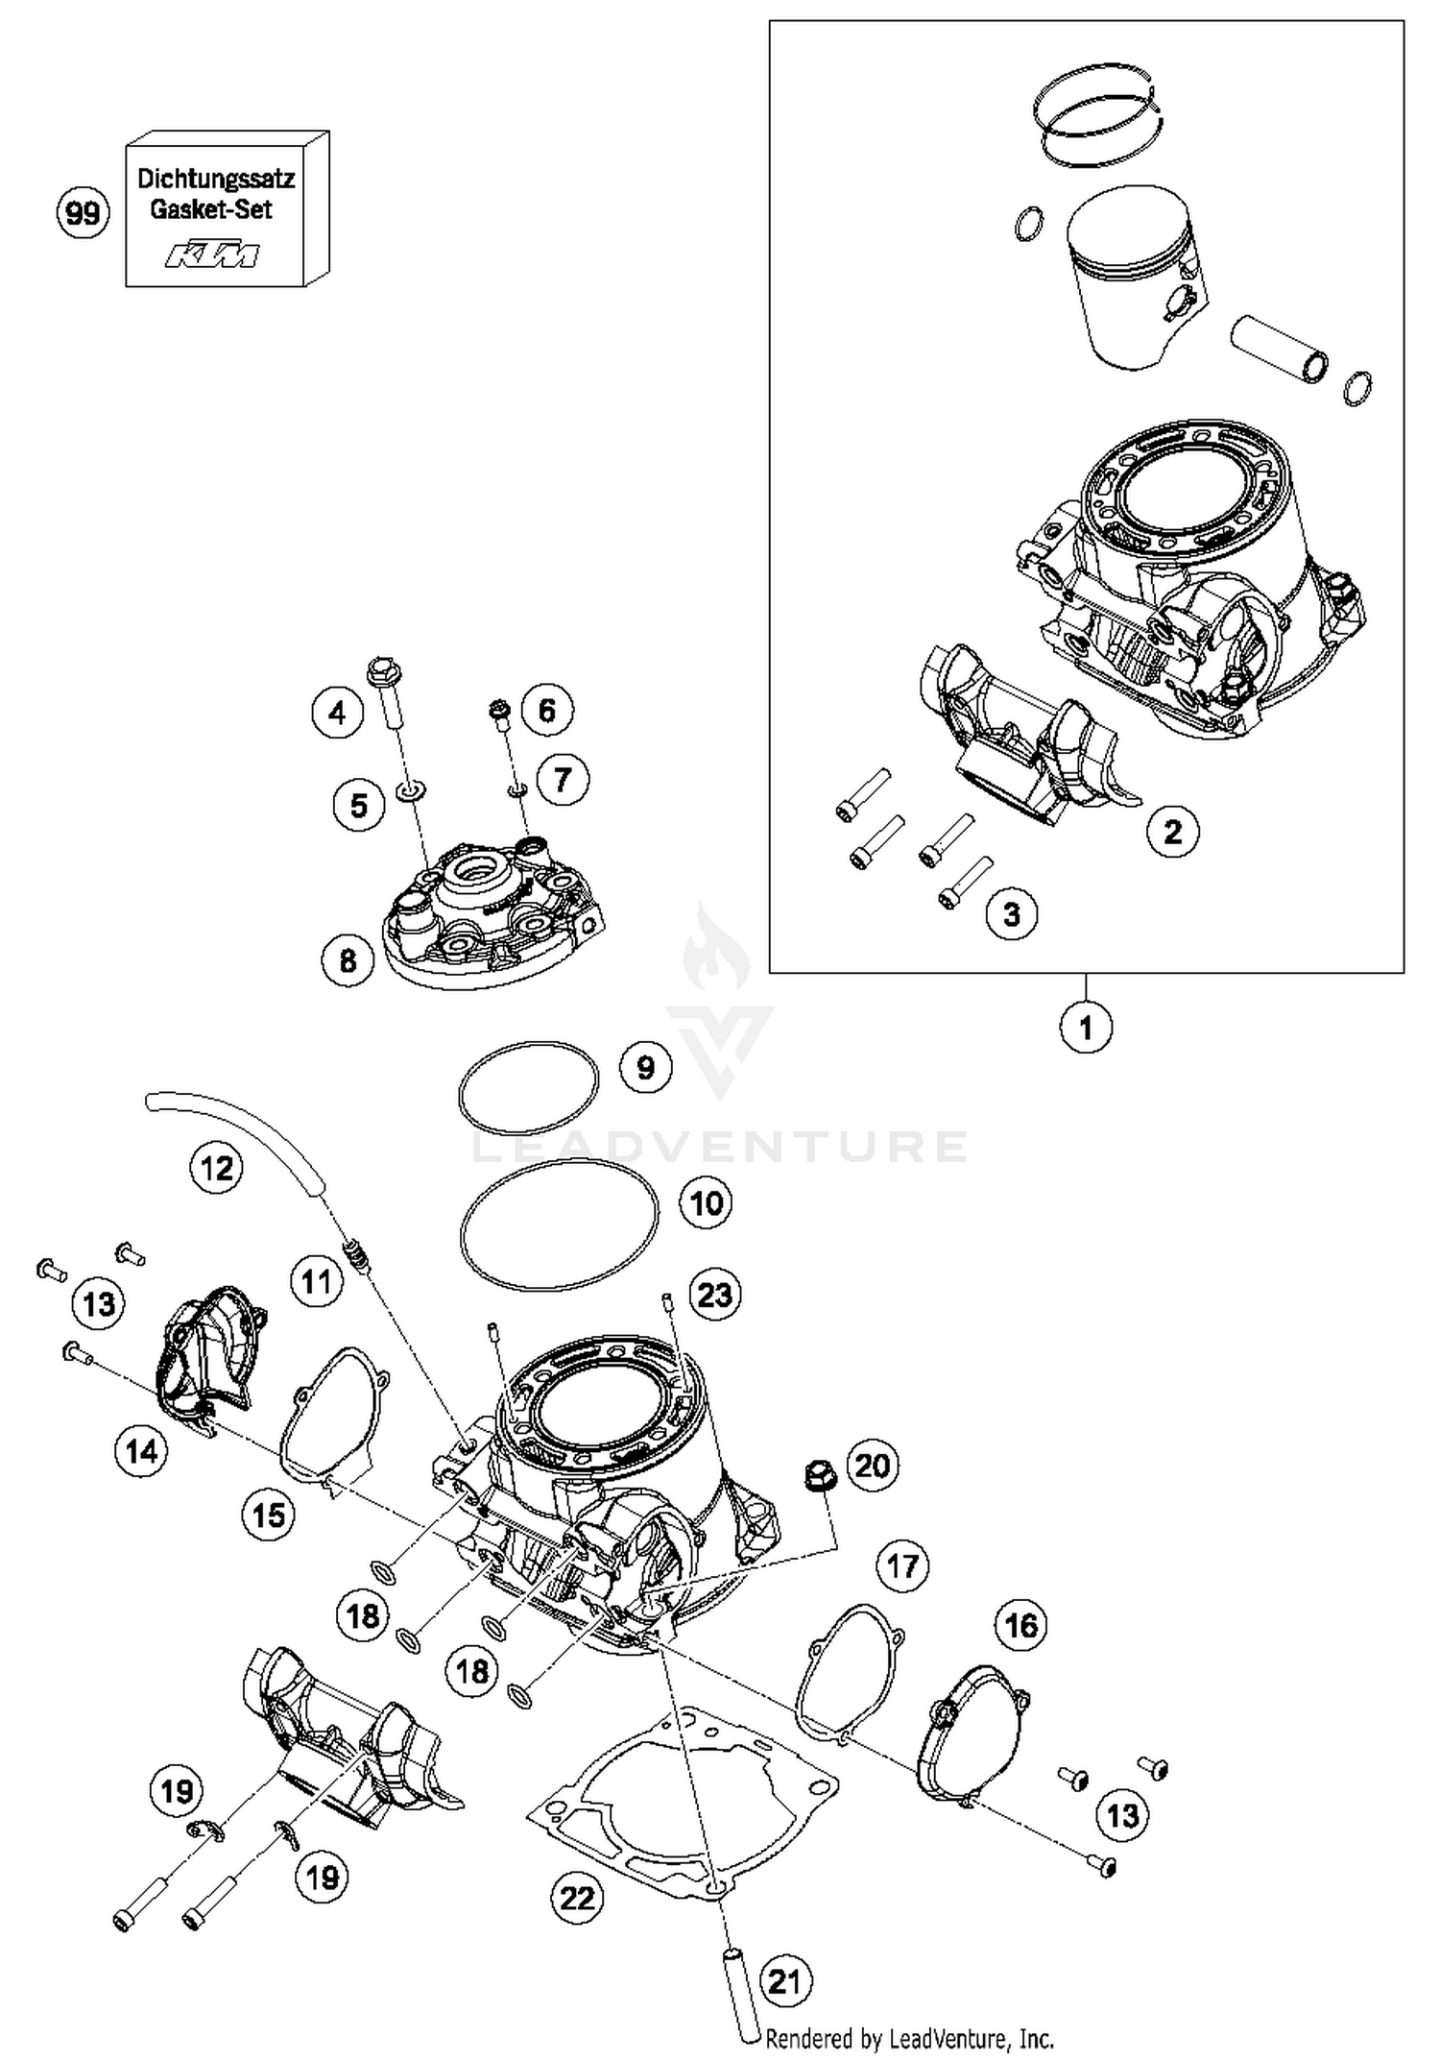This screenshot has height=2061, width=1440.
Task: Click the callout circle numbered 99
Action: [82, 212]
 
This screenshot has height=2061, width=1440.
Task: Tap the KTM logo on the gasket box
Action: [212, 255]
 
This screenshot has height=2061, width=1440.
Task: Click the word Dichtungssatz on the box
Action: [216, 179]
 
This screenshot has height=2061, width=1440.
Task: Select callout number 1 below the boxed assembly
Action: [1086, 1028]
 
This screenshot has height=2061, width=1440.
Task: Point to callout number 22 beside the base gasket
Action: [577, 1898]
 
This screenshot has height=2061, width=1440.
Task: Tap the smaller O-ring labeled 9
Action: [528, 1088]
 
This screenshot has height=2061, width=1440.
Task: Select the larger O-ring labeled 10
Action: [560, 1224]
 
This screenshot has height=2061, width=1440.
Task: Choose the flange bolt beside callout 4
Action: [386, 690]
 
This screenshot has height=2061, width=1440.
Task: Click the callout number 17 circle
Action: [902, 1566]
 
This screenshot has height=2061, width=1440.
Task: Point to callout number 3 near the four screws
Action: [1012, 913]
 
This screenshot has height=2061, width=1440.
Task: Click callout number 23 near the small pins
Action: [714, 1295]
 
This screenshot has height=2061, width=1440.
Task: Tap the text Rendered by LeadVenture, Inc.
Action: [909, 2039]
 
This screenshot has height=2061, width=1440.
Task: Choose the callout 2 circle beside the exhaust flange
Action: [1173, 831]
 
